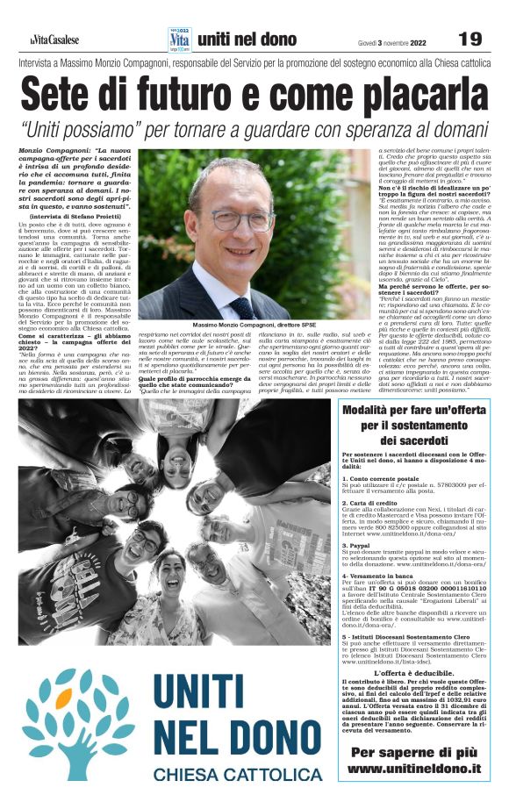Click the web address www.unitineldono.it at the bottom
pos(414,768)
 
